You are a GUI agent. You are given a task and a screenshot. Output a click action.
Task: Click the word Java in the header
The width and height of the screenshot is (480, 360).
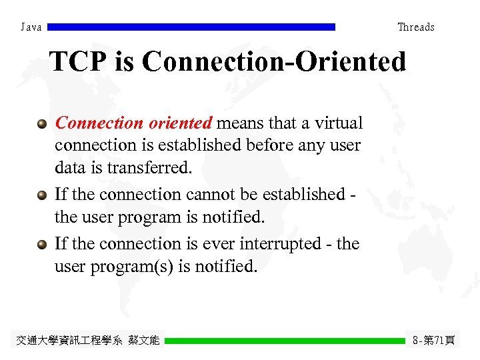tap(31, 27)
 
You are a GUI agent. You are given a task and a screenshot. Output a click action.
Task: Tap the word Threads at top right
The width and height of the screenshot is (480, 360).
tap(415, 27)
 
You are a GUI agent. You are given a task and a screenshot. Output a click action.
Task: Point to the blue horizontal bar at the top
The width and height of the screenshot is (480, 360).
tap(192, 27)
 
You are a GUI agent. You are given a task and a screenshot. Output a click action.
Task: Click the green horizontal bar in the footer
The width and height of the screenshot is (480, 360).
tap(285, 340)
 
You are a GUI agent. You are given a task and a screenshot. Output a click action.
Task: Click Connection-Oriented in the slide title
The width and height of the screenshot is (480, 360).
tap(273, 62)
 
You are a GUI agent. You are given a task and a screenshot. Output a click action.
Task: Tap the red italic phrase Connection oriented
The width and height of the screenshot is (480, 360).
tap(133, 123)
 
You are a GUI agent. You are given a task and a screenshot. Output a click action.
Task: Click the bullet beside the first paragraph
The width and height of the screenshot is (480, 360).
tap(42, 123)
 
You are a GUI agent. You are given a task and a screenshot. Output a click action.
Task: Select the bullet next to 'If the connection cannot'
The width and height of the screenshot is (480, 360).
tap(42, 195)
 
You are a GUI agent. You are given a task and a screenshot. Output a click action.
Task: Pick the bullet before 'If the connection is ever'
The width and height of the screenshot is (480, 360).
tap(42, 244)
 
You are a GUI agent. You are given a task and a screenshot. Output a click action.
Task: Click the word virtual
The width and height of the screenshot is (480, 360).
tap(340, 123)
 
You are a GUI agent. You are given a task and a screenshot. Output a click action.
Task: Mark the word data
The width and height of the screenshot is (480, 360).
tap(67, 168)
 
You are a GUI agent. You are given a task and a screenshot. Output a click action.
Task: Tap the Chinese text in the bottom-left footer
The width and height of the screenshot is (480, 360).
tap(87, 341)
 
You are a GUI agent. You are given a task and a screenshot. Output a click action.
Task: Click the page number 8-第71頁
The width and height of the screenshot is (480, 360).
tap(433, 341)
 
